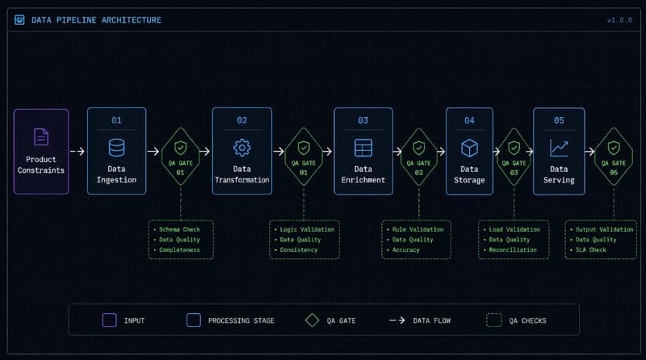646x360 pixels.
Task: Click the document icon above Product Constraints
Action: coord(41,136)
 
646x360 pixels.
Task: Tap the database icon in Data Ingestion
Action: coord(116,148)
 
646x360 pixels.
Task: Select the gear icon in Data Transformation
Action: coord(241,148)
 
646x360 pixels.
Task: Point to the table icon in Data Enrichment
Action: coord(363,148)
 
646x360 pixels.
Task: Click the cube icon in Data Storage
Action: coord(469,148)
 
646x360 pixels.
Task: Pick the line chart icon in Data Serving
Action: coord(559,148)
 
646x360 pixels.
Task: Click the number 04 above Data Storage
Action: coord(469,120)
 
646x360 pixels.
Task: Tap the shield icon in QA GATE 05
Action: coord(614,148)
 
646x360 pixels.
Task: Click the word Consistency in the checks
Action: coord(299,249)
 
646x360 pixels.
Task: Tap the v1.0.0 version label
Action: coord(619,19)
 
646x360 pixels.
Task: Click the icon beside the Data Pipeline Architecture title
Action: coord(19,19)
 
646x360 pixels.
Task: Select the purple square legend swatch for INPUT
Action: coord(109,320)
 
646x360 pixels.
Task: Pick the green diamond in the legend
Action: coord(313,320)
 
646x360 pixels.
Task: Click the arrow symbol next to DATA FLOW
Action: coord(397,320)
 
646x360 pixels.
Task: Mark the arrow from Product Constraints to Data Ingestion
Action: coord(78,152)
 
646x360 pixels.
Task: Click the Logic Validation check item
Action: coord(308,229)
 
